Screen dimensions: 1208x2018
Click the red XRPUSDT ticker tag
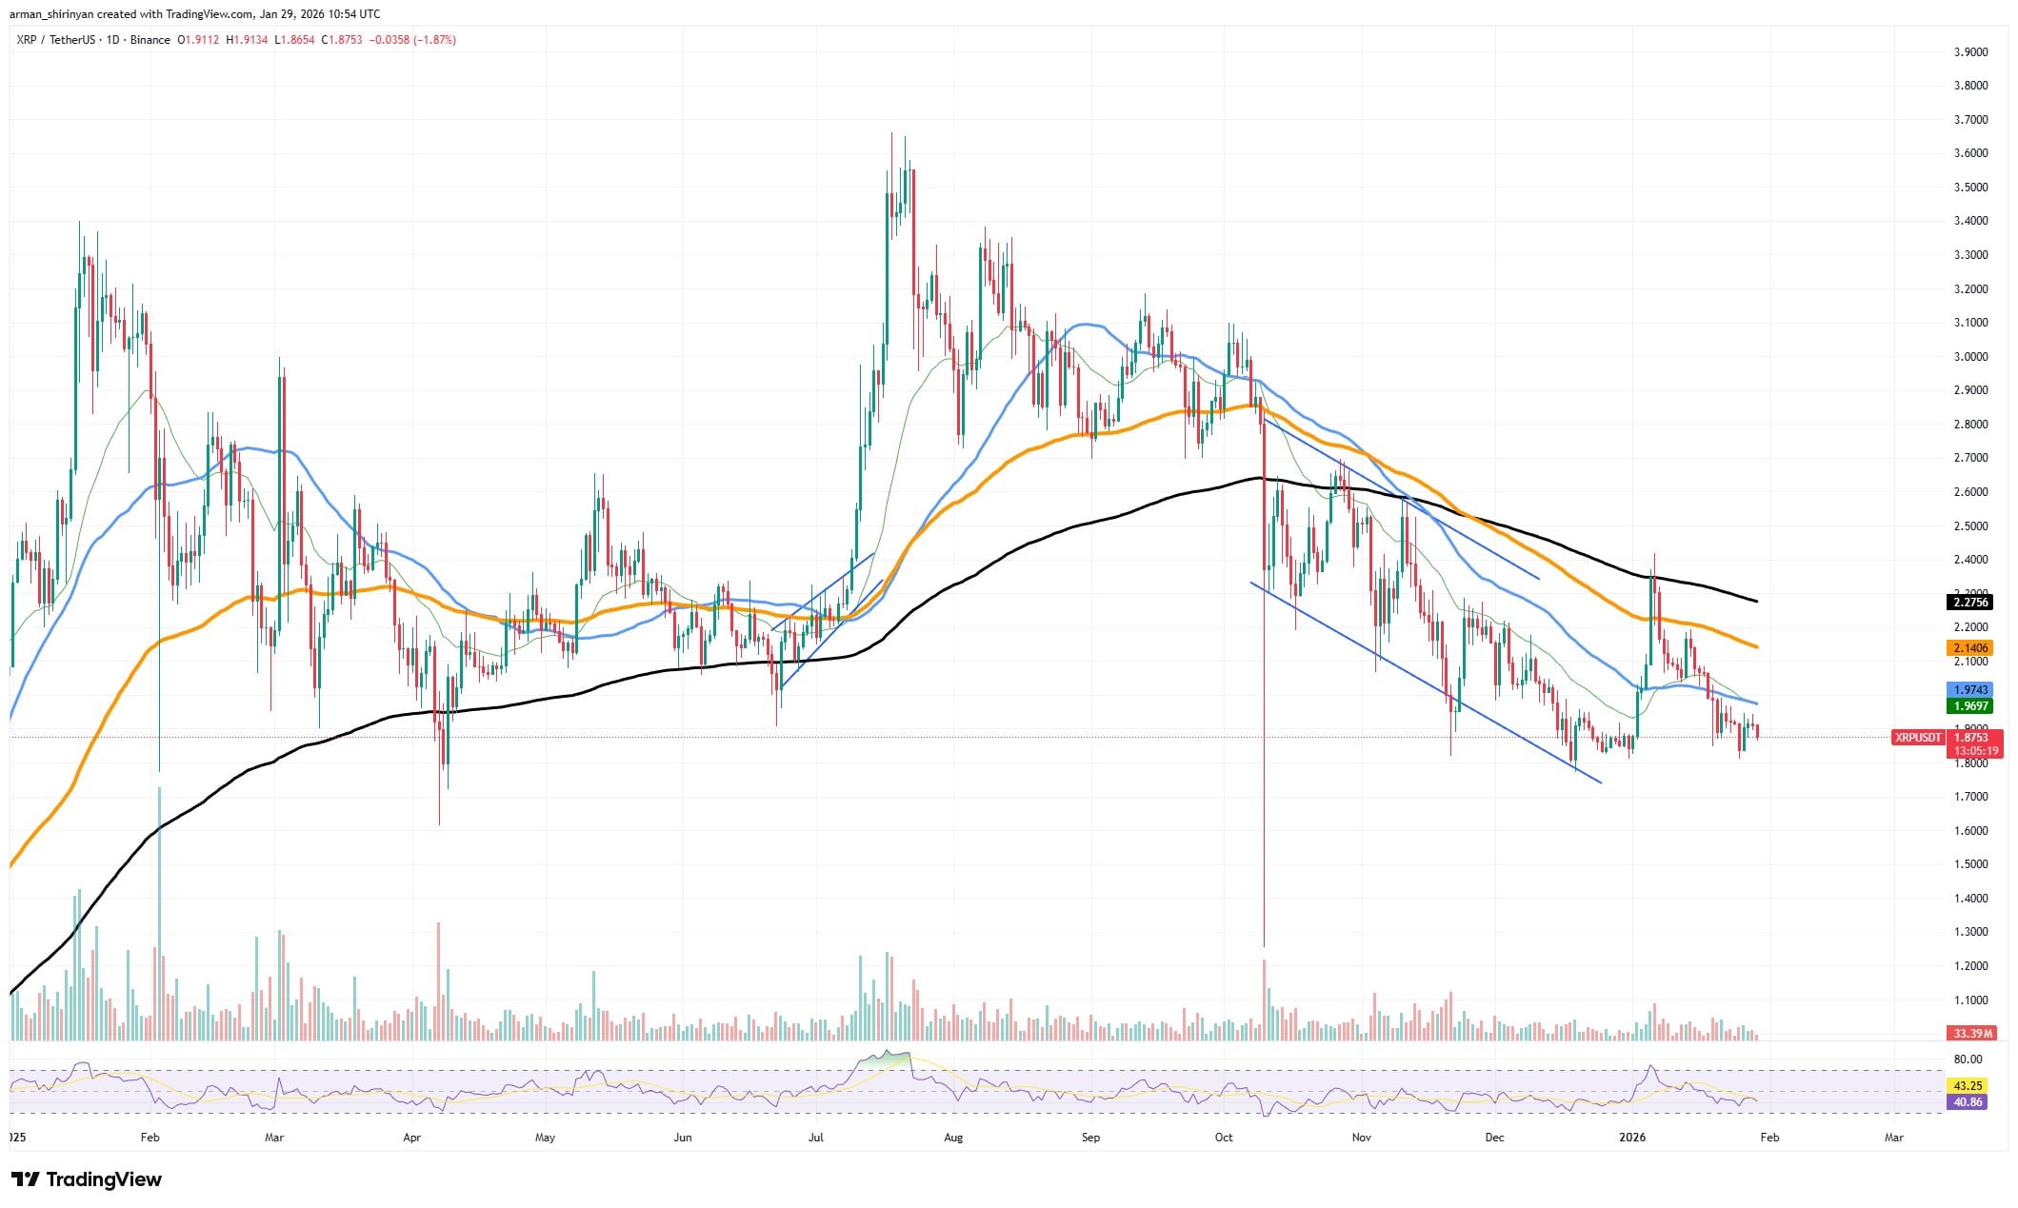coord(1918,737)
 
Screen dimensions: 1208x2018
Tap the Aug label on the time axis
coord(953,1137)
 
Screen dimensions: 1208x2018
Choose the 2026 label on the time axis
coord(1633,1137)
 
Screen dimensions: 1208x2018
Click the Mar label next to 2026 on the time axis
coord(1894,1137)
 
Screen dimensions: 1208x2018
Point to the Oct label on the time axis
coord(1224,1137)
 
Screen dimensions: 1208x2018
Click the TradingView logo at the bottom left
coord(86,1179)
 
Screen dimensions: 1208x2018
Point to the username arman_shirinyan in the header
coord(51,13)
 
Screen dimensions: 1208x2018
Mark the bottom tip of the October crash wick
coord(1264,946)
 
